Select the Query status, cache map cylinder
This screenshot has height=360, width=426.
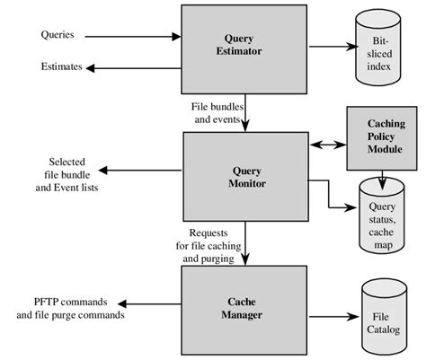click(380, 214)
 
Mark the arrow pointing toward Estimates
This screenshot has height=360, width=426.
click(135, 67)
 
